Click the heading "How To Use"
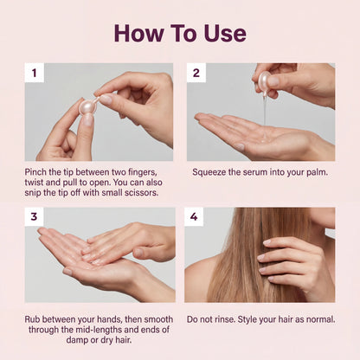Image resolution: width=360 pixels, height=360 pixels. (180, 33)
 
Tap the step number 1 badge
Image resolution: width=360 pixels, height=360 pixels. (34, 73)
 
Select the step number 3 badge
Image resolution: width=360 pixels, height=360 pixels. (34, 217)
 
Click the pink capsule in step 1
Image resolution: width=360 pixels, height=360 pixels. (87, 106)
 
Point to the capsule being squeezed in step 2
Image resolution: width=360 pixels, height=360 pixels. (263, 82)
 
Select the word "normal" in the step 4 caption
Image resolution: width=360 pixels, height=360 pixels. (317, 319)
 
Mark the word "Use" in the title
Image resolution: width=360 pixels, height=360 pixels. (224, 33)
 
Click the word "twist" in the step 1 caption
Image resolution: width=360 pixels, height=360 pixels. (39, 183)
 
